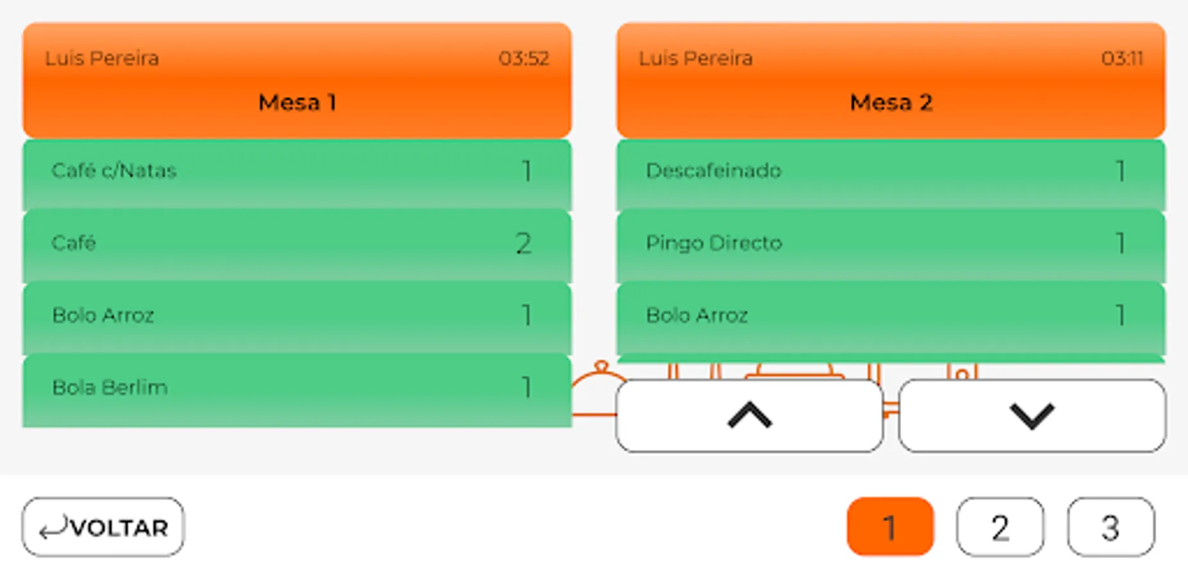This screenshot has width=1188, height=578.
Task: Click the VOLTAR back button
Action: pyautogui.click(x=103, y=527)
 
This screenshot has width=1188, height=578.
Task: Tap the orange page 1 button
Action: pyautogui.click(x=890, y=527)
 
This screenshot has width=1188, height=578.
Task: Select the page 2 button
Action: pyautogui.click(x=1000, y=527)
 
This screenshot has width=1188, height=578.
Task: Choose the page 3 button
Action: pyautogui.click(x=1110, y=527)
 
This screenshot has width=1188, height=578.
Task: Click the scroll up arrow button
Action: pyautogui.click(x=749, y=416)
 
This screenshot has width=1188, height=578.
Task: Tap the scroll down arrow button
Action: pyautogui.click(x=1031, y=416)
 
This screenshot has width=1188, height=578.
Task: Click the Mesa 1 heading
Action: pyautogui.click(x=297, y=102)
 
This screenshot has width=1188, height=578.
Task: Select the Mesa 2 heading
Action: pyautogui.click(x=891, y=102)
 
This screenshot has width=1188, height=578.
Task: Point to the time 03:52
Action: pyautogui.click(x=524, y=58)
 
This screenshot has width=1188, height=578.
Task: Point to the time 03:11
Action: pyautogui.click(x=1122, y=58)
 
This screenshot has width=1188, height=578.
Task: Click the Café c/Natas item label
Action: pyautogui.click(x=114, y=171)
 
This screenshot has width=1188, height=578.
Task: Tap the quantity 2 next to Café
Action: pyautogui.click(x=524, y=243)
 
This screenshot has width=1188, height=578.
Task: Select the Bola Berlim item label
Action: pyautogui.click(x=110, y=387)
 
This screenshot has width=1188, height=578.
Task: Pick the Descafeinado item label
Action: pyautogui.click(x=713, y=171)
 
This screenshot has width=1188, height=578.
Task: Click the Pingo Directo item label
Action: pyautogui.click(x=714, y=243)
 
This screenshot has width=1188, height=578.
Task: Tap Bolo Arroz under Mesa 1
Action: pyautogui.click(x=103, y=315)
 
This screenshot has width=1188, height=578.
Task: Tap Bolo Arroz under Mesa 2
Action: pyautogui.click(x=697, y=315)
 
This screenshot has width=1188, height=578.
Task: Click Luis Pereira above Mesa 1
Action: pyautogui.click(x=101, y=58)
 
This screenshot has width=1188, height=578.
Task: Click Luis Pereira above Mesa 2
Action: pyautogui.click(x=696, y=58)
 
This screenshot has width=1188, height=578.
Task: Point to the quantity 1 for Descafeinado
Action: pyautogui.click(x=1120, y=171)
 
